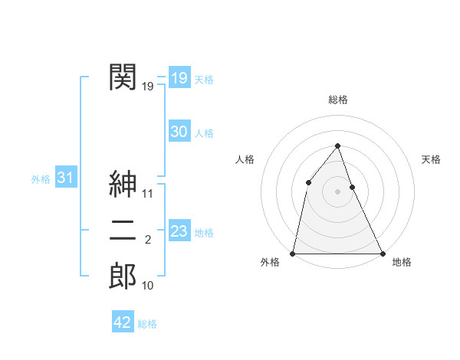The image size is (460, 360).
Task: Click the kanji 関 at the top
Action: point(123,77)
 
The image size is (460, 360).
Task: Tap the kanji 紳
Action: point(123,184)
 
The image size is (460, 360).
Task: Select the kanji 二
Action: point(123,230)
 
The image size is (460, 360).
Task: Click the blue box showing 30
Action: point(179,132)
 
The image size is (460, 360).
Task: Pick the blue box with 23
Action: point(179,231)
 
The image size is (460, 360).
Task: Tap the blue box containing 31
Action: point(65,178)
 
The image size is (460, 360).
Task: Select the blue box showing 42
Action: point(122,322)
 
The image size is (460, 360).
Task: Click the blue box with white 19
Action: point(179,78)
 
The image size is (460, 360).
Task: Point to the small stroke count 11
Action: point(148,194)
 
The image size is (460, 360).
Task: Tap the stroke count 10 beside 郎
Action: point(148,286)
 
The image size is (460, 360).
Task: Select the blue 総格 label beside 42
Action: point(147,324)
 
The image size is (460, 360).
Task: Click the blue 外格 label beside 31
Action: point(41,179)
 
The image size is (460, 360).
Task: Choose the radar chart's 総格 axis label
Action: point(337,100)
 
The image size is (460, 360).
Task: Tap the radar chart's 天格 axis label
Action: point(431,159)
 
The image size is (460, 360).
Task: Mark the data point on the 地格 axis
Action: point(382,253)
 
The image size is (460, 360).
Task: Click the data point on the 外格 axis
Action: point(293,253)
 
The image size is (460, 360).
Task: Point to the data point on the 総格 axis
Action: point(337,146)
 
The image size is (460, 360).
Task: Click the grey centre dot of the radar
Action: point(337,191)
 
